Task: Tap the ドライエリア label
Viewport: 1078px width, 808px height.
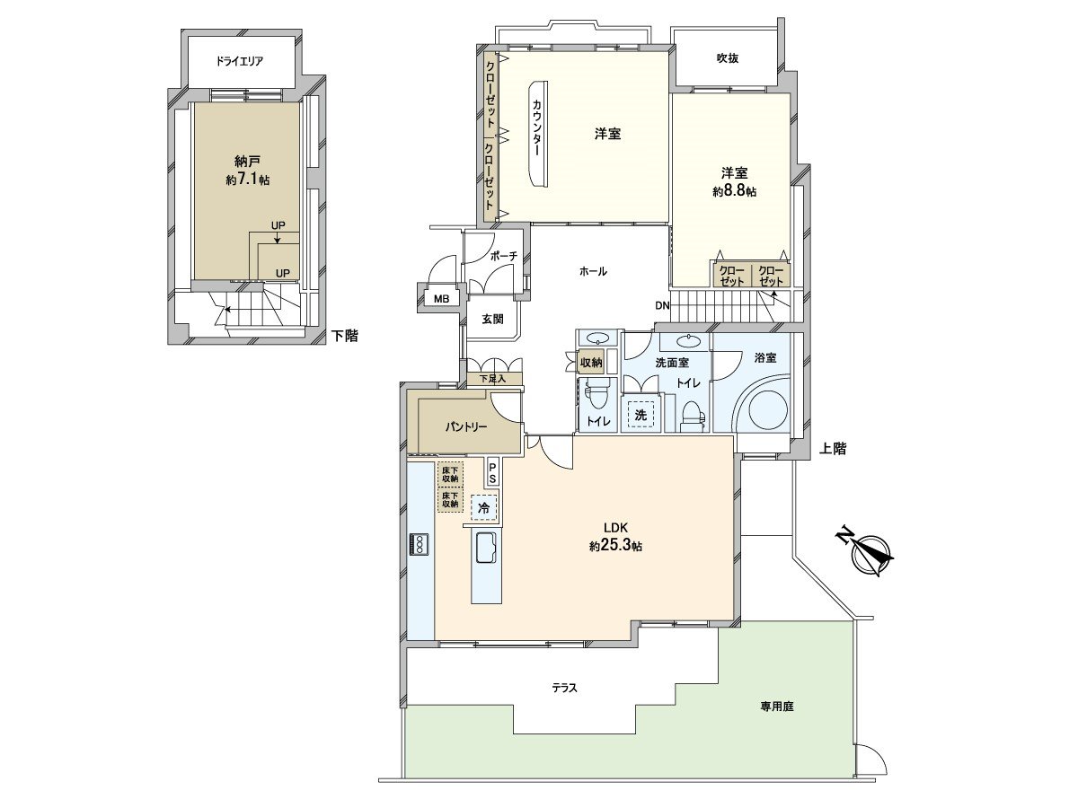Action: click(x=240, y=61)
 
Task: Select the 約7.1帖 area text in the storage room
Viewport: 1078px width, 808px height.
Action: click(x=248, y=180)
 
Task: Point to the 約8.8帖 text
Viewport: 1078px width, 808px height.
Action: click(x=734, y=191)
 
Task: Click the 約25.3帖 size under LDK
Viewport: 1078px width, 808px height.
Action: click(x=615, y=546)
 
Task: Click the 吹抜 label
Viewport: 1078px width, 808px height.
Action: click(x=727, y=58)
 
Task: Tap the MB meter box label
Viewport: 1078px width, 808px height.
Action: click(x=441, y=298)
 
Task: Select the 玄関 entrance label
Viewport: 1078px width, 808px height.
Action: click(x=492, y=319)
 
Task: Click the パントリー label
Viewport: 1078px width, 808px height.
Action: click(x=466, y=426)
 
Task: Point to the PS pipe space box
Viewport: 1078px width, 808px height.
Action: click(x=492, y=472)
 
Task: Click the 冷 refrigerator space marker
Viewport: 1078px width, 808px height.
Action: click(x=484, y=508)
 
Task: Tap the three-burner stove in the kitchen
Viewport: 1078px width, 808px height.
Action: click(x=420, y=544)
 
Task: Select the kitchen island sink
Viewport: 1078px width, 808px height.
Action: click(x=486, y=547)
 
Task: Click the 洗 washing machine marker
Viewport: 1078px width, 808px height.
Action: click(x=641, y=415)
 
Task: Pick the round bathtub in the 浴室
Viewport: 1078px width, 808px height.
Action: click(x=768, y=409)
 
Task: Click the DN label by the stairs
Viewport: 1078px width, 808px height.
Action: click(x=662, y=305)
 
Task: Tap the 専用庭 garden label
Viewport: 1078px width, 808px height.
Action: click(x=777, y=707)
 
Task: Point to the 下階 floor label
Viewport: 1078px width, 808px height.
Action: click(x=345, y=336)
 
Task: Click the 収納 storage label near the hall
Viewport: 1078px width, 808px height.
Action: click(x=591, y=363)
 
